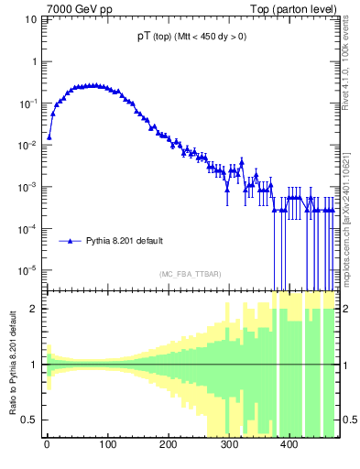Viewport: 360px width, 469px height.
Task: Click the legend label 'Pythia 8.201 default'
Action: [x=125, y=242]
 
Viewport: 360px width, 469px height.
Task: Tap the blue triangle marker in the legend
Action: [x=72, y=242]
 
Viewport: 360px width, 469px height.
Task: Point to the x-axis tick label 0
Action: [x=47, y=446]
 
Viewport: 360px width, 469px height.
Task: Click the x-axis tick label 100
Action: [x=107, y=446]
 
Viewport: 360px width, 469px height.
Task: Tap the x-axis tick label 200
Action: [x=168, y=446]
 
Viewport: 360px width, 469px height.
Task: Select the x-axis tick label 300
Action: [x=229, y=446]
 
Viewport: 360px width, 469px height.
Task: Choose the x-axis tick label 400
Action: [x=289, y=446]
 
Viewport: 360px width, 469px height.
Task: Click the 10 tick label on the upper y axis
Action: [x=30, y=20]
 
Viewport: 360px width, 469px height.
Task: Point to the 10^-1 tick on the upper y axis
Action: [x=28, y=104]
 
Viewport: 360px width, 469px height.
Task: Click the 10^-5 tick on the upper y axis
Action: [x=28, y=270]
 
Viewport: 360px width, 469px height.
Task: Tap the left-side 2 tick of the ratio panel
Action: [x=34, y=309]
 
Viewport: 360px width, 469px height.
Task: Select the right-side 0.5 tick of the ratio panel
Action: [x=348, y=420]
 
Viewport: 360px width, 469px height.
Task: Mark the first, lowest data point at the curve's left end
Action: [x=49, y=136]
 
